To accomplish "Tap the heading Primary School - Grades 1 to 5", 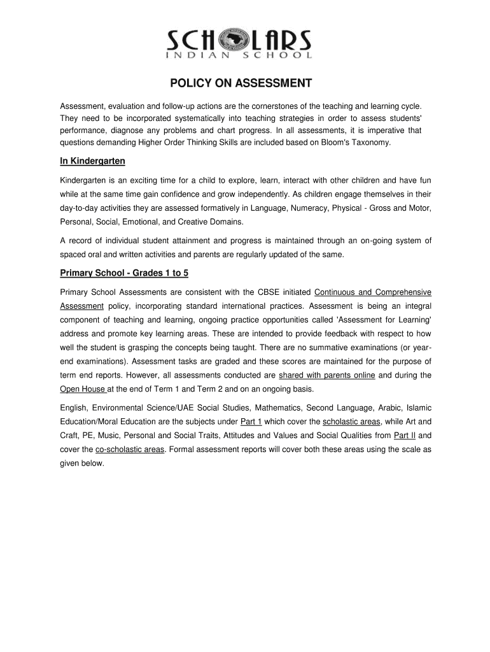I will (124, 273).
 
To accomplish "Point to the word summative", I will (326, 348).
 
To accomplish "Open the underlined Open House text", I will (83, 389).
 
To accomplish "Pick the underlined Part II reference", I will (405, 436).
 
